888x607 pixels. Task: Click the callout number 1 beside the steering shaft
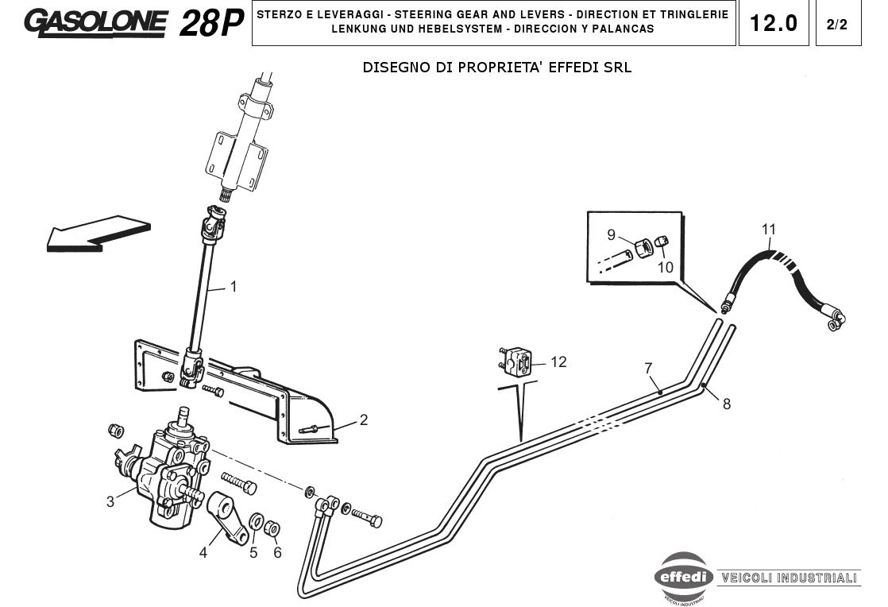(234, 287)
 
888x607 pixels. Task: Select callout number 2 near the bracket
(364, 419)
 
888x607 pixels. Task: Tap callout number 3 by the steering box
(110, 501)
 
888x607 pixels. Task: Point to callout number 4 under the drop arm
(203, 552)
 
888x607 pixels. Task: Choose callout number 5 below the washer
(253, 552)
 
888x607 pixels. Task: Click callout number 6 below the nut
(277, 552)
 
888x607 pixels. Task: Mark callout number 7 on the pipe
(649, 368)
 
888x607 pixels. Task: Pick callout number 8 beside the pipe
(726, 404)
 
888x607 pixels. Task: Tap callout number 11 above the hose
(768, 230)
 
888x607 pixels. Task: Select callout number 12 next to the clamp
(558, 362)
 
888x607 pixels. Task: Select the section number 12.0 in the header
(774, 23)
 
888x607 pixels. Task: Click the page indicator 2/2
(837, 24)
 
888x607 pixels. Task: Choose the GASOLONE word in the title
(96, 22)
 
